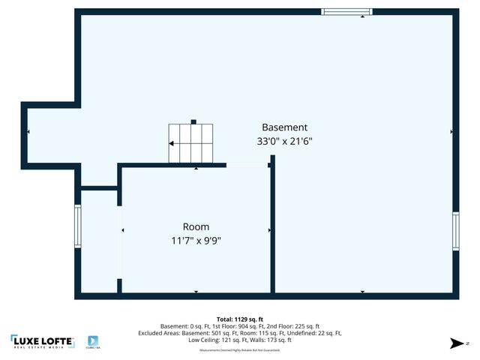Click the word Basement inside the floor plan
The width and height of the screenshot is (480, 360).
coord(284,127)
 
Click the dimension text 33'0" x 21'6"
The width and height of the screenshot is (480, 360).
coord(284,141)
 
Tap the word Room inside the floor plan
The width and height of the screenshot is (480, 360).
coord(196,226)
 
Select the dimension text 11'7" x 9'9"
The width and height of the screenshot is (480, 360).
coord(196,241)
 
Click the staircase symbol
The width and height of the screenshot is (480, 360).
coord(190,142)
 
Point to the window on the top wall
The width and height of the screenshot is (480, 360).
coord(346,11)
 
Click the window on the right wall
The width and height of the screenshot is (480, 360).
coord(455,232)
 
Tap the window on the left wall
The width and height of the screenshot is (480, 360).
coord(77,226)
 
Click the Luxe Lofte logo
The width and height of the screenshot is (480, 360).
coord(42,341)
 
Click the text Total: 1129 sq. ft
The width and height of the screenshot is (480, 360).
coord(239,319)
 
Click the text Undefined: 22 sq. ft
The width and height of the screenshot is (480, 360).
coord(314,333)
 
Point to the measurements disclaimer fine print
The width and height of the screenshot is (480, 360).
coord(239,350)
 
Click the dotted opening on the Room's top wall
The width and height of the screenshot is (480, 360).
coord(247,164)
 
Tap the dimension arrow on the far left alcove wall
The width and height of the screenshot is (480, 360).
coord(28,132)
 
